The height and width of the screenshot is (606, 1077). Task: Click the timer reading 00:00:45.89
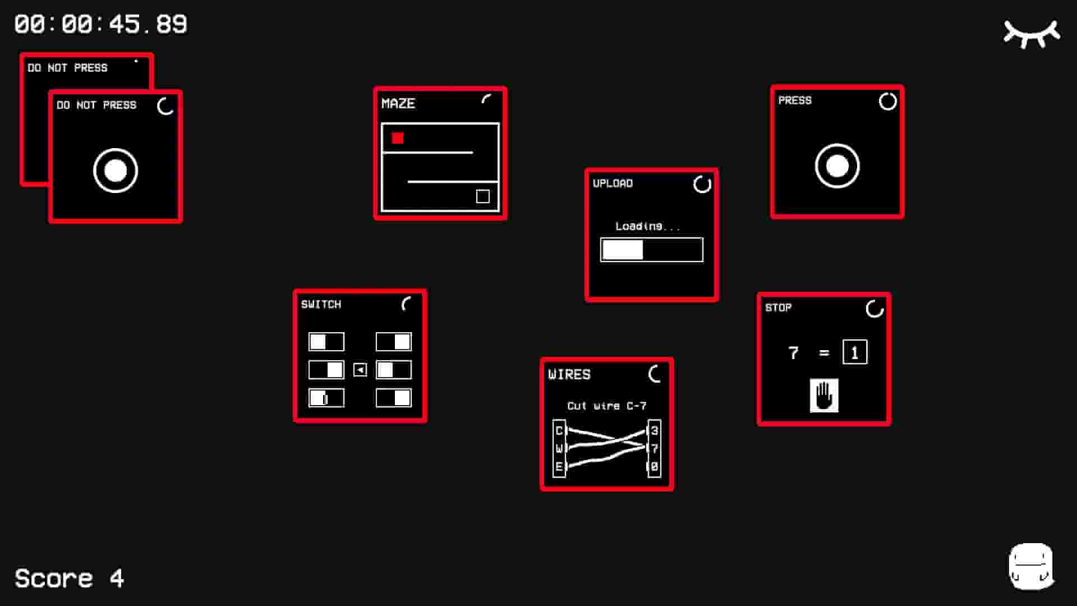101,25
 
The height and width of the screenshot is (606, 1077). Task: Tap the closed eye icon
1032,34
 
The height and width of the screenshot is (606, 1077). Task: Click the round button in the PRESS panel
837,166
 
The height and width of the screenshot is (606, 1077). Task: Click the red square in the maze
398,138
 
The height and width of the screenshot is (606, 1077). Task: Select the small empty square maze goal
482,196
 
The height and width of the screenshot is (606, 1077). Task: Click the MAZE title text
398,104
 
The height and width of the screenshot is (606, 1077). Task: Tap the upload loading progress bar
651,250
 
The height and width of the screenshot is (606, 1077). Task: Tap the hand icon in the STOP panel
824,396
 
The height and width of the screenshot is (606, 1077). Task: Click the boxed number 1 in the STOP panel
854,353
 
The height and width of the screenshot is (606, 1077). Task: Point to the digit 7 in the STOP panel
793,353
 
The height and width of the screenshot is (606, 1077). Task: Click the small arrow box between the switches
360,370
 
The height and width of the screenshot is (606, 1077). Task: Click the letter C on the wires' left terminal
559,430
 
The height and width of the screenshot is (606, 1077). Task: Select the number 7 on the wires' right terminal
654,448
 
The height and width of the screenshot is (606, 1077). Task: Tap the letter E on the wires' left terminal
559,466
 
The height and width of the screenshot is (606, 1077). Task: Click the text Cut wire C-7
606,406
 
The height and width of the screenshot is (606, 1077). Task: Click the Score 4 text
69,579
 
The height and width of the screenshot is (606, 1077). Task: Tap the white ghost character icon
1031,566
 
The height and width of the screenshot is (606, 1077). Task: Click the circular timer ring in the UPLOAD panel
702,184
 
